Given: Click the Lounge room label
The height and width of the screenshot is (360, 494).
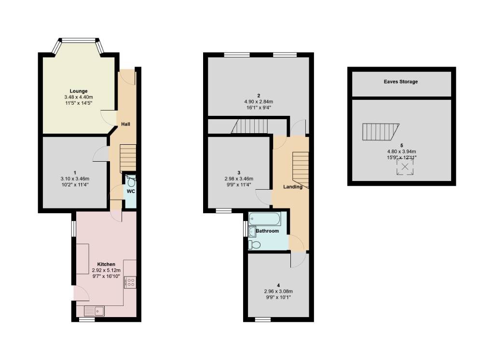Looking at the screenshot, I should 79,91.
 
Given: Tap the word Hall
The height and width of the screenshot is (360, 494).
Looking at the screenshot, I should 125,124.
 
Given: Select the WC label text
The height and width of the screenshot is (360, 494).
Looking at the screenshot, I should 131,191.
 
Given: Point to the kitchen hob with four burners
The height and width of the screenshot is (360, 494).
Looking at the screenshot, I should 130,282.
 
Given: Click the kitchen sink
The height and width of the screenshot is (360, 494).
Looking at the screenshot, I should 95,311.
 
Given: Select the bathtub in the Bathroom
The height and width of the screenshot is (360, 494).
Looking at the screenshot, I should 264,219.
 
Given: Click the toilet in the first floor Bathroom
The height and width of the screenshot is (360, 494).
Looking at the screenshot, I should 254,245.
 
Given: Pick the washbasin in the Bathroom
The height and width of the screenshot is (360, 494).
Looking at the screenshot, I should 252,232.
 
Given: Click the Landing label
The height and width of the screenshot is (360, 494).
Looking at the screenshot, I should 293,187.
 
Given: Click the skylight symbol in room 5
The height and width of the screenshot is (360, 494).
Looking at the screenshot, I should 405,167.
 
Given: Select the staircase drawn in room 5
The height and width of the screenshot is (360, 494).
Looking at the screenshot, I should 380,131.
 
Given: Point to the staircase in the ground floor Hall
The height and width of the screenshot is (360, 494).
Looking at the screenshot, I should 128,159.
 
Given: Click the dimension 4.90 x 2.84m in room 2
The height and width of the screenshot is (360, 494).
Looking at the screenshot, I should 258,102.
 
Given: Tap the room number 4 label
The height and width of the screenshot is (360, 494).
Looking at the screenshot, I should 278,285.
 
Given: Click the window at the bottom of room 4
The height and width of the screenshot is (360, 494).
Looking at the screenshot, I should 263,319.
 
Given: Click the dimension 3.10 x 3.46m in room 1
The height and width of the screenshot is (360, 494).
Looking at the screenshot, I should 75,179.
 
